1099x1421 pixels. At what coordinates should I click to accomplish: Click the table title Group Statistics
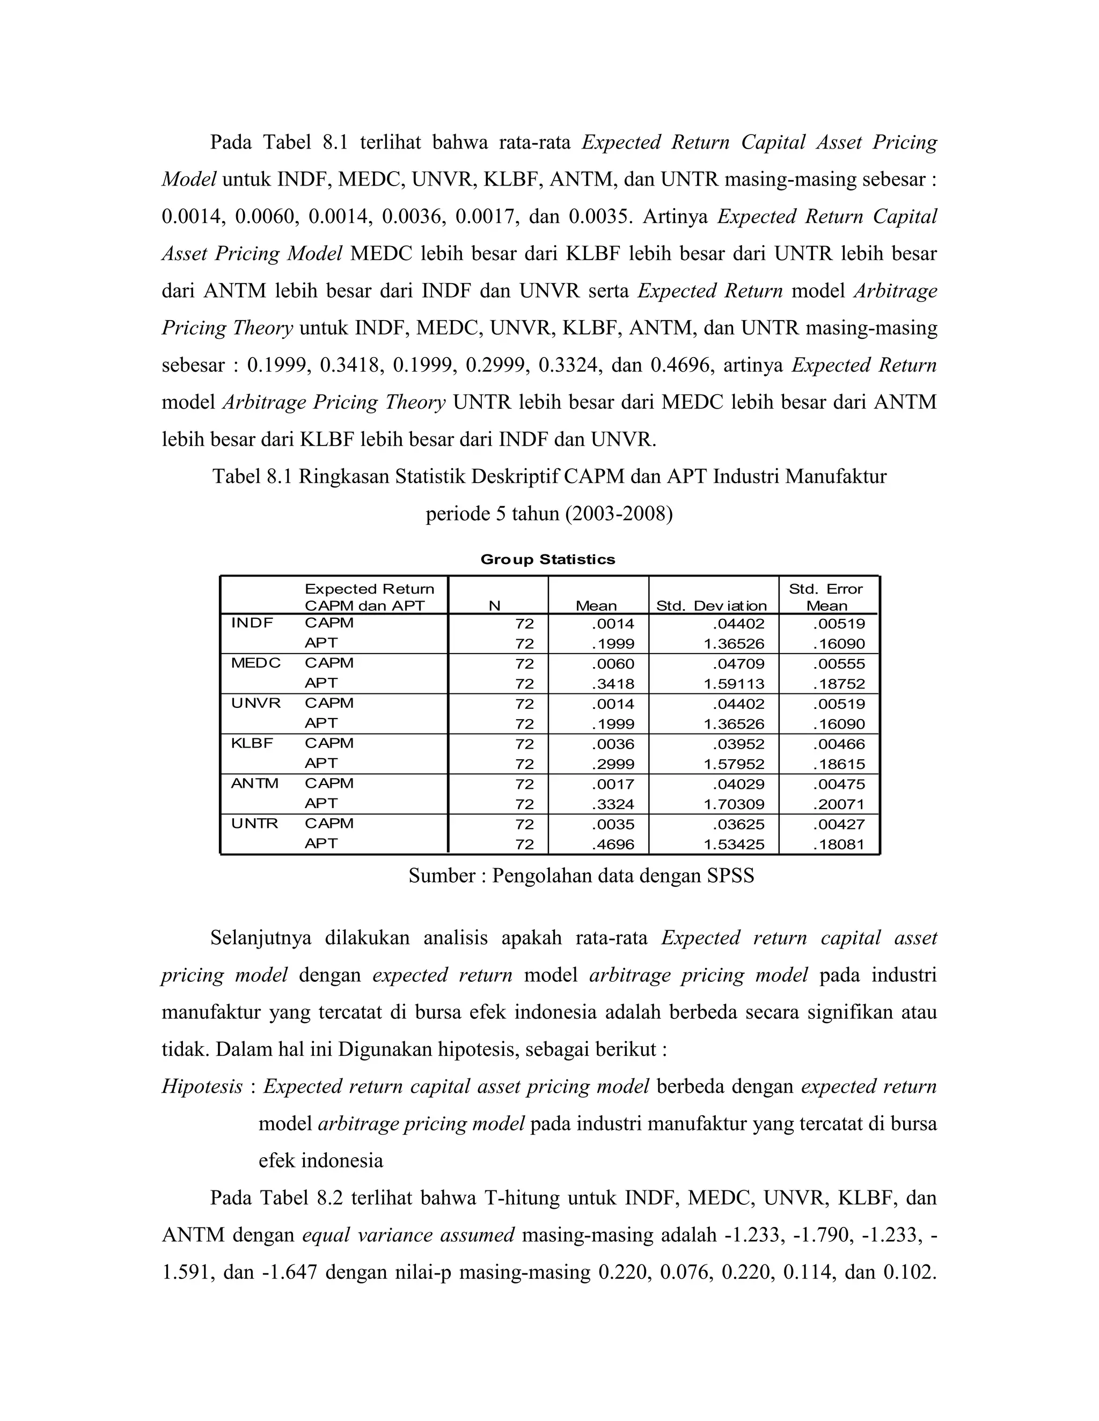click(547, 559)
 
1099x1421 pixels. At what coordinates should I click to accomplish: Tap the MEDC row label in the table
click(256, 663)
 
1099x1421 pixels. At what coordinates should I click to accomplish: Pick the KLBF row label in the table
click(252, 743)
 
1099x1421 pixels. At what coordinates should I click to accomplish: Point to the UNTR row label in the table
click(254, 824)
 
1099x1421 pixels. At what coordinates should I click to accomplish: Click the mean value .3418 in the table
click(613, 684)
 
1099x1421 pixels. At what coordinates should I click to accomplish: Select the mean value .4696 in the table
click(613, 845)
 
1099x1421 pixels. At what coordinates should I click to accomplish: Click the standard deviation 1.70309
click(734, 804)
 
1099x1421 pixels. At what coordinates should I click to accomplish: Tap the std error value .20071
click(839, 804)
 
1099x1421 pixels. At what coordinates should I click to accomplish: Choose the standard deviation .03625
click(738, 824)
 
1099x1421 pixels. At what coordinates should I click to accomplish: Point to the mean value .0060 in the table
click(613, 664)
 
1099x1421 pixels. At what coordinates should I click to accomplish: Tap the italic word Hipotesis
click(202, 1086)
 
